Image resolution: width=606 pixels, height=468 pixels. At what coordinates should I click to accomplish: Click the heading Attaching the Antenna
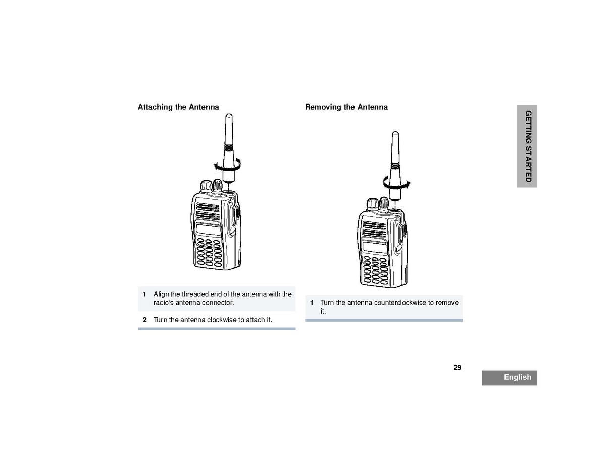pyautogui.click(x=178, y=107)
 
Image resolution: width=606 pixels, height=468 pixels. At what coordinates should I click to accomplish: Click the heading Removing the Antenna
pyautogui.click(x=346, y=107)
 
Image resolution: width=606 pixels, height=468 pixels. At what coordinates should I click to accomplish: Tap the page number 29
pyautogui.click(x=457, y=367)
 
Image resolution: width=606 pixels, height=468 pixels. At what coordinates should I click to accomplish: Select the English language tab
pyautogui.click(x=509, y=377)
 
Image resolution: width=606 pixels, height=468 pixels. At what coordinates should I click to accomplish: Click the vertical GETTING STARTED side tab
pyautogui.click(x=527, y=146)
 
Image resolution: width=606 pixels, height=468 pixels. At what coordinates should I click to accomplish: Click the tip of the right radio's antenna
pyautogui.click(x=394, y=134)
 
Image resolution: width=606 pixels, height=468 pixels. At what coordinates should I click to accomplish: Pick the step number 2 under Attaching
pyautogui.click(x=144, y=320)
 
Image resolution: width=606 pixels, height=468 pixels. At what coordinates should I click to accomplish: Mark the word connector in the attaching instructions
pyautogui.click(x=219, y=303)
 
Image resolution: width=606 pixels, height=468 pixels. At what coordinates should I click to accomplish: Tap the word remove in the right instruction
pyautogui.click(x=447, y=303)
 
